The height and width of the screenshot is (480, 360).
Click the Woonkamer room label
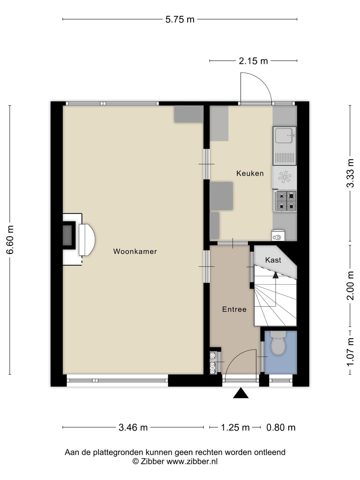point(135,251)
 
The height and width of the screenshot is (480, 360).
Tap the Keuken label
point(250,173)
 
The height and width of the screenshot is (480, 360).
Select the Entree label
point(234,309)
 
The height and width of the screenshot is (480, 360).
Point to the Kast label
point(273,260)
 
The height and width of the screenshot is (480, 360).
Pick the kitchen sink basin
point(284,136)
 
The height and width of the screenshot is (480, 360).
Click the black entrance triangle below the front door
point(241,393)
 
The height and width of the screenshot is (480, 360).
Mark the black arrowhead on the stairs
point(276,275)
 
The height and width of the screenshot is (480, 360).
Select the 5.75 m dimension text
point(180,20)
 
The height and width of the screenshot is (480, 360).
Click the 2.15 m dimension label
point(253,61)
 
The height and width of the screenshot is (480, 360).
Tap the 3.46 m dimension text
point(133,427)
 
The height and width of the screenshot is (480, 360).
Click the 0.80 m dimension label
point(281,427)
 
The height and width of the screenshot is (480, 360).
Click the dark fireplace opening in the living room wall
point(67,235)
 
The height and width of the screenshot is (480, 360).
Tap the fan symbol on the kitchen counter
point(284,177)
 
